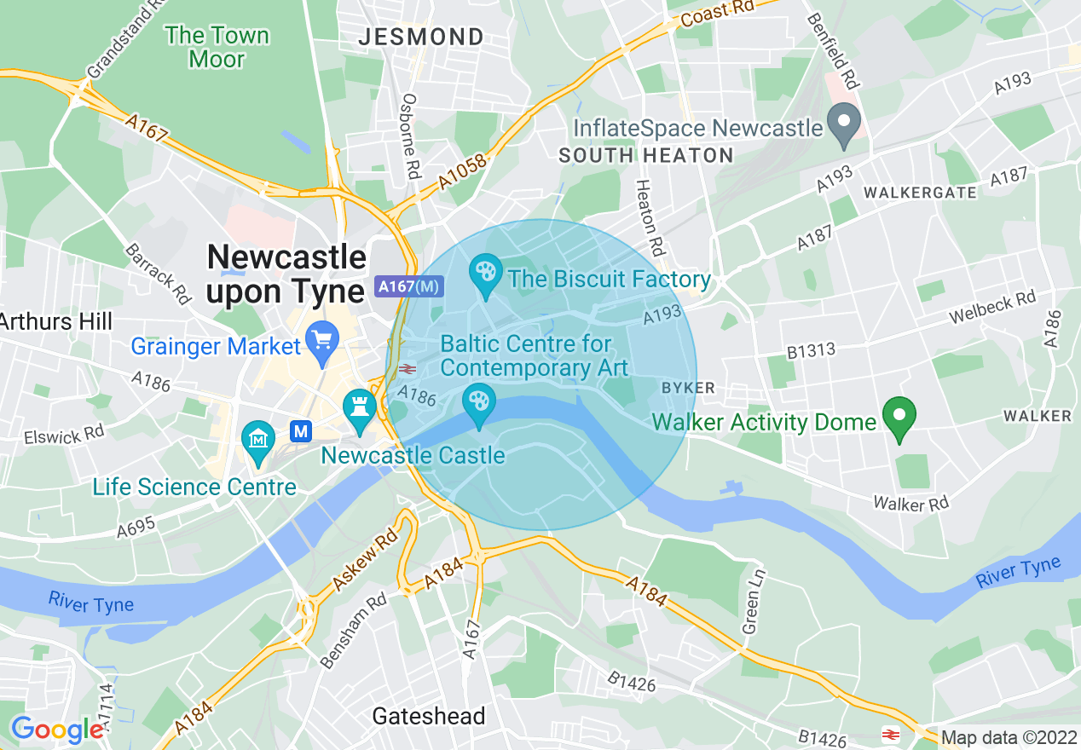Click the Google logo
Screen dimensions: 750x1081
(x=58, y=730)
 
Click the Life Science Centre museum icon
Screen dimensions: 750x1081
(x=257, y=441)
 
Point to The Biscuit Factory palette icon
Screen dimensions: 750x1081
(x=486, y=275)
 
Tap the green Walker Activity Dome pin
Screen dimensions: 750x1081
(x=899, y=418)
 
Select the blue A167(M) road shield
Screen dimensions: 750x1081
(x=409, y=286)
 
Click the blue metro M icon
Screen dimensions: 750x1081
(x=300, y=431)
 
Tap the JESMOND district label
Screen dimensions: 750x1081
(x=421, y=37)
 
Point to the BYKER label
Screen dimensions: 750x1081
(x=688, y=388)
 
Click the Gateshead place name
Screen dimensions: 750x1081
(x=429, y=716)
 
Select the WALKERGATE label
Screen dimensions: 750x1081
(x=920, y=193)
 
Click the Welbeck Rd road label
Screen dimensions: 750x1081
(x=993, y=309)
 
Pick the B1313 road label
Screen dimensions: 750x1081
(x=811, y=350)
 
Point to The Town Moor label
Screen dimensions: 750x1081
(x=217, y=47)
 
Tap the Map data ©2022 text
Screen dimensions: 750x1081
(x=1009, y=737)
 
